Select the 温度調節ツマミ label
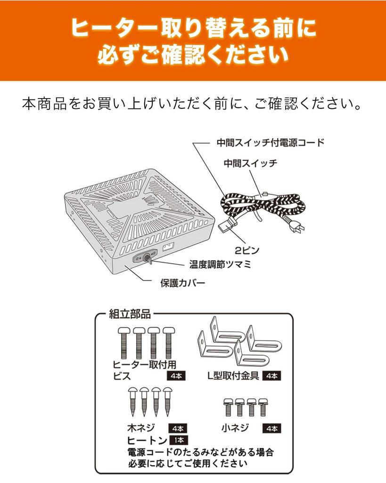(x=220, y=264)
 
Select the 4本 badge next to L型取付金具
(x=272, y=376)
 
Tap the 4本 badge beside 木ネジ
(x=178, y=429)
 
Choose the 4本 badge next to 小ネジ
(x=272, y=429)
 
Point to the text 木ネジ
(x=140, y=429)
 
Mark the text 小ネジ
(x=235, y=428)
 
